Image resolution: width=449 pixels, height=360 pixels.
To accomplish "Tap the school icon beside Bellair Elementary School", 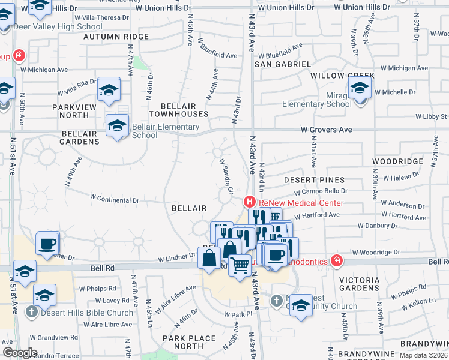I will pyautogui.click(x=117, y=125).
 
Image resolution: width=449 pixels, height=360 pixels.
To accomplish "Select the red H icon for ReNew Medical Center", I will pyautogui.click(x=249, y=203).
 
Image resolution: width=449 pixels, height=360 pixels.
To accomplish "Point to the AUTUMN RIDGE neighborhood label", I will pyautogui.click(x=116, y=37).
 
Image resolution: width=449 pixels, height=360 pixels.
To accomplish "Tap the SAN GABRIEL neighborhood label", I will pyautogui.click(x=282, y=64).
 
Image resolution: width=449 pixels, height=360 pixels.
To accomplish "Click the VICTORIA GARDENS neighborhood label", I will pyautogui.click(x=359, y=284).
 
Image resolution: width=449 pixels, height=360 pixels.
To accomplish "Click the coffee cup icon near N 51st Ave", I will pyautogui.click(x=47, y=244).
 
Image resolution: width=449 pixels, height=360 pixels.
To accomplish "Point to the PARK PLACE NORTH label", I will pyautogui.click(x=188, y=342).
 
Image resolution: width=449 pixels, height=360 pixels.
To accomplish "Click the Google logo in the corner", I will pyautogui.click(x=20, y=353).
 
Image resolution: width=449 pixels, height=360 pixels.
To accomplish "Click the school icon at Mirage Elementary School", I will pyautogui.click(x=360, y=89).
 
